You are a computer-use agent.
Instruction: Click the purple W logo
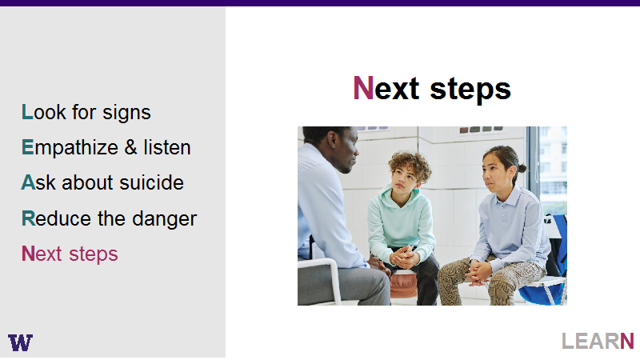point(20,342)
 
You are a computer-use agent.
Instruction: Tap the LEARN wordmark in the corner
point(598,342)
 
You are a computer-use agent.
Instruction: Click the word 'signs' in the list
point(126,113)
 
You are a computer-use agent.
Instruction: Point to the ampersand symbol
point(130,147)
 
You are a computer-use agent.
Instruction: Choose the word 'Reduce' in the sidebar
point(56,218)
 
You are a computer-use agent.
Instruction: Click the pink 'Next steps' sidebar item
point(70,254)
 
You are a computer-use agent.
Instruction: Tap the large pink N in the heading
point(363,88)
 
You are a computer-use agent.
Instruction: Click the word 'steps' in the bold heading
point(470,90)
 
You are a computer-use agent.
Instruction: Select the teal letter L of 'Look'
point(27,112)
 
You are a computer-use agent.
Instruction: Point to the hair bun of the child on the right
point(522,167)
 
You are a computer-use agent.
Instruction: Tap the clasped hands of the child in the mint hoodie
point(404,257)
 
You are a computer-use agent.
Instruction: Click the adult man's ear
point(333,140)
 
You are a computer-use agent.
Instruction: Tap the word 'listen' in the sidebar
point(167,147)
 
